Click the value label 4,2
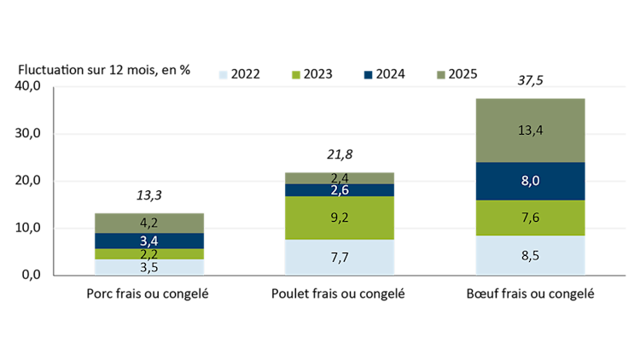click(x=148, y=224)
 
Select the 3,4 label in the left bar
click(x=148, y=241)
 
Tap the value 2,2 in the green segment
click(x=148, y=254)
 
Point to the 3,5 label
click(x=148, y=268)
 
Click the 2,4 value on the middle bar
click(x=340, y=177)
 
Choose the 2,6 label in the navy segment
click(x=340, y=190)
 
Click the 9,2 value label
click(x=340, y=218)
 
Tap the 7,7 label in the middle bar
click(x=340, y=258)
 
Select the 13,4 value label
click(x=530, y=131)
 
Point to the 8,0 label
click(x=530, y=181)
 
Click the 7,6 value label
click(x=530, y=218)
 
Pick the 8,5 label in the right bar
click(x=530, y=255)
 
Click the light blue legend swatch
click(x=224, y=75)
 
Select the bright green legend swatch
click(x=296, y=75)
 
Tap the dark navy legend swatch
click(x=368, y=75)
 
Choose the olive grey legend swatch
click(x=441, y=75)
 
